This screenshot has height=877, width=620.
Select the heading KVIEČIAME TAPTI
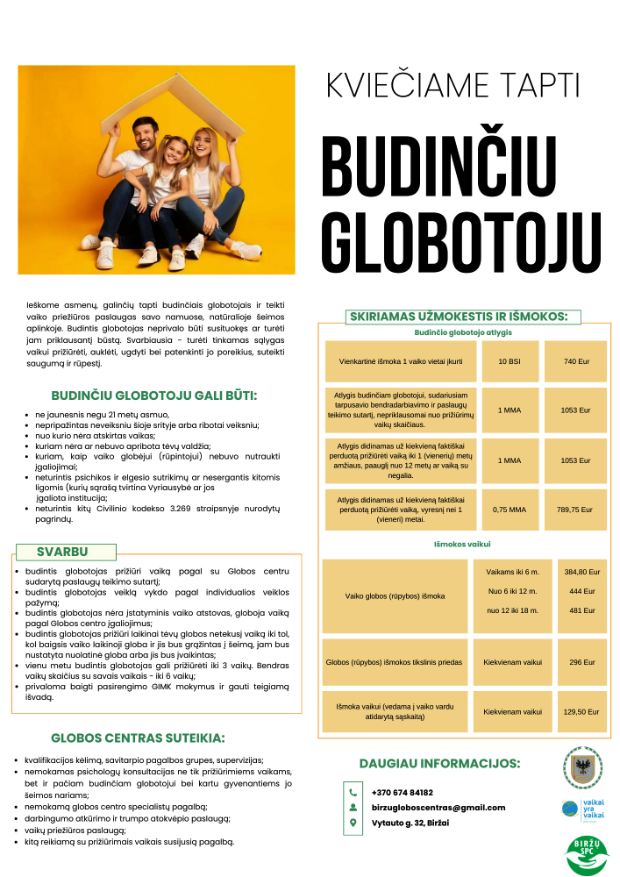453,85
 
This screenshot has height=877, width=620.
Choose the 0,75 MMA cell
509,509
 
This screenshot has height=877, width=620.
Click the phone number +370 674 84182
403,792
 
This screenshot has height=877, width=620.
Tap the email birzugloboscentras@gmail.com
438,807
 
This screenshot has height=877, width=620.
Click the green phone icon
353,792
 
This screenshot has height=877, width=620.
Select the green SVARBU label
62,552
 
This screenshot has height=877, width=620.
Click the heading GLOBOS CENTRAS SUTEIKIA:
138,738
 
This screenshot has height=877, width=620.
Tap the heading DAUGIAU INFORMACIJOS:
440,763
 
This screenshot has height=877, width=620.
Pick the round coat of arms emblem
582,768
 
